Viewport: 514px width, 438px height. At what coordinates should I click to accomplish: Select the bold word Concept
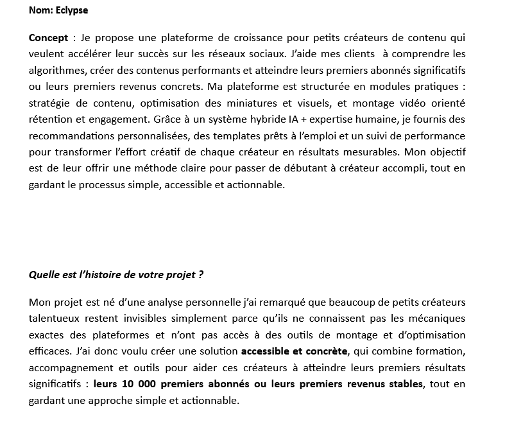[x=48, y=37]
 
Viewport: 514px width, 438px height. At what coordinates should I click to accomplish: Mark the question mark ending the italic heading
[x=201, y=275]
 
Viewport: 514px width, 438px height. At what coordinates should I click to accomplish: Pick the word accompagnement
[x=68, y=367]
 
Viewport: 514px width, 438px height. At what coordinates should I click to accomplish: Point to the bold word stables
[x=404, y=384]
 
